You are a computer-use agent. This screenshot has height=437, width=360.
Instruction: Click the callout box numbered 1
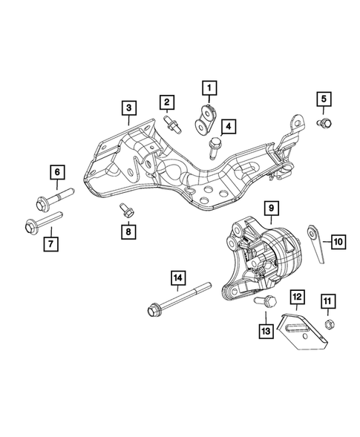[x=209, y=91]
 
